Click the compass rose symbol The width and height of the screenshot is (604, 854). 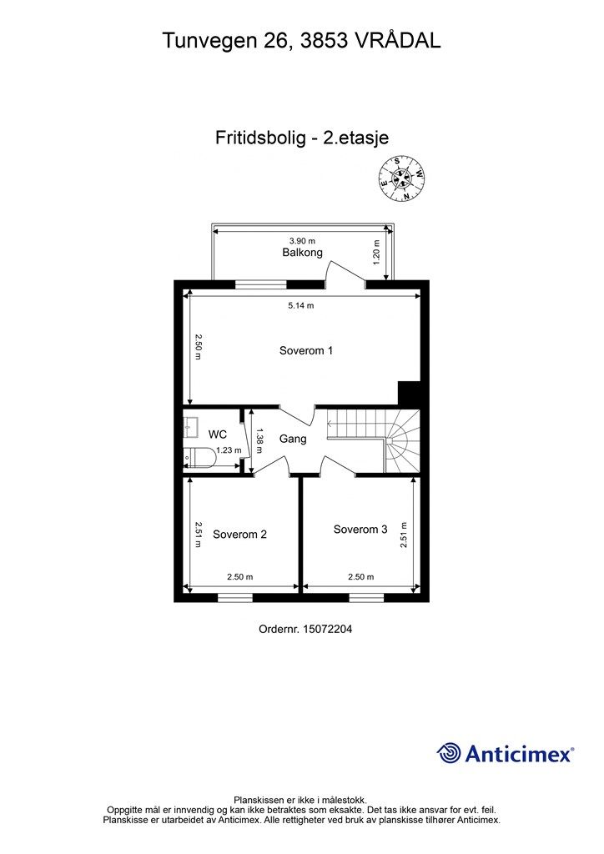[x=401, y=178]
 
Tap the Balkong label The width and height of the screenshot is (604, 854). [x=302, y=253]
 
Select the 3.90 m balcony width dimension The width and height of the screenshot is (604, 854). [x=302, y=241]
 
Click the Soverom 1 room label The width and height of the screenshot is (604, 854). [x=305, y=351]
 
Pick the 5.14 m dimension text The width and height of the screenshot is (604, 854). [x=301, y=306]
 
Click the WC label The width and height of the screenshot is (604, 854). [x=218, y=434]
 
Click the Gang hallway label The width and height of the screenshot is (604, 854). [x=293, y=439]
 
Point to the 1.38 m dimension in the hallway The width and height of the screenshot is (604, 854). [x=260, y=435]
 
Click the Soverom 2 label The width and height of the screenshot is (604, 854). [x=239, y=535]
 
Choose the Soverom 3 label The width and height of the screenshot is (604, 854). [x=360, y=530]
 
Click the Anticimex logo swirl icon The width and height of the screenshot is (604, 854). [x=449, y=753]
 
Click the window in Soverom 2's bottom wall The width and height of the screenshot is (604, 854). [x=235, y=597]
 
